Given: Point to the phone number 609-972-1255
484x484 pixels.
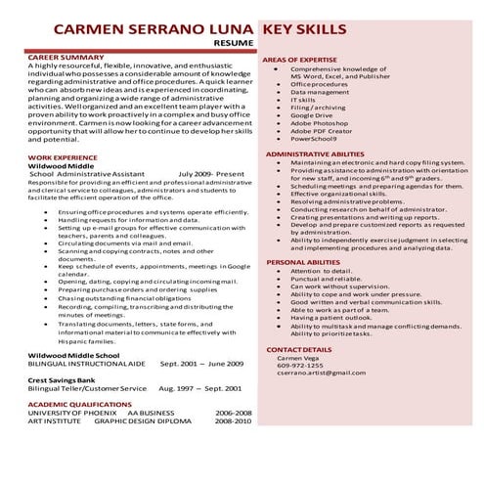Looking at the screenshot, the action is point(299,365).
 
